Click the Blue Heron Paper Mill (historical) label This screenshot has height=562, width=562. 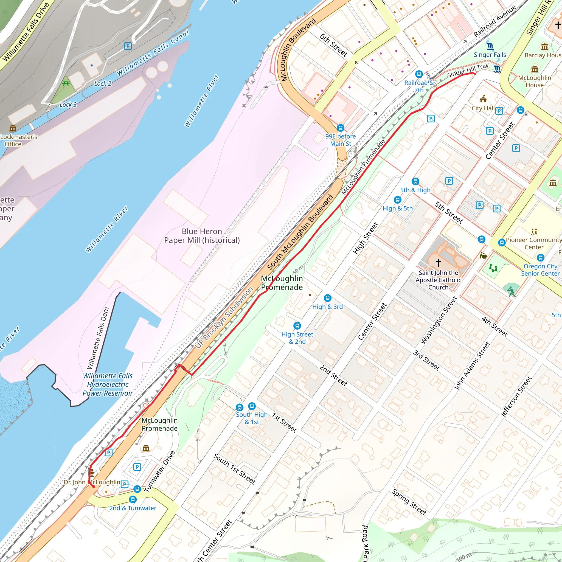[202, 236]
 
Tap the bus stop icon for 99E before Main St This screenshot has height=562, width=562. [340, 128]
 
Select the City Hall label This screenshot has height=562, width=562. [483, 108]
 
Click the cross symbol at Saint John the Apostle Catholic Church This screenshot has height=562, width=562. [438, 263]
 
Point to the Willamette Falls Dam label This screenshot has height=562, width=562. [98, 338]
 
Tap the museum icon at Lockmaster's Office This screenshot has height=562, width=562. [13, 128]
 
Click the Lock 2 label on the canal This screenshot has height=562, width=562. [102, 84]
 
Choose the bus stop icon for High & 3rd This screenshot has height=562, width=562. [328, 298]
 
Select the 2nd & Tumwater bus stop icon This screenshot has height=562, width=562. [133, 499]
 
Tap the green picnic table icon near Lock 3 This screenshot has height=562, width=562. [66, 84]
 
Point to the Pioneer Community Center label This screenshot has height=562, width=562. [533, 243]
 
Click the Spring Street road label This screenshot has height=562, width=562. [409, 502]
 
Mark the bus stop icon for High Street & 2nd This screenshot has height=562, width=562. [297, 325]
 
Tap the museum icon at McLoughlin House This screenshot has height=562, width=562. [535, 69]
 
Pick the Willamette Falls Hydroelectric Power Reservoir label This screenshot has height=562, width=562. [108, 384]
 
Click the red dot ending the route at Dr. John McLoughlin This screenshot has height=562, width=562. [94, 486]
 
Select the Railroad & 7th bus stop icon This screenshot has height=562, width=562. [419, 74]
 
